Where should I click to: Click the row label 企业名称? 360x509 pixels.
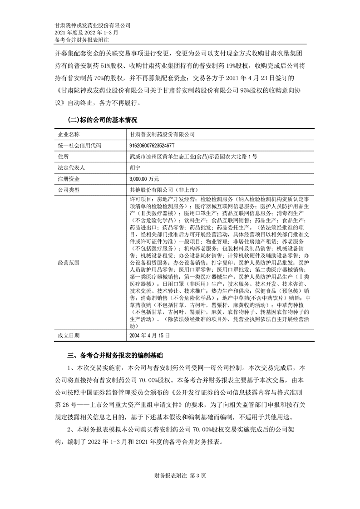pyautogui.click(x=68, y=135)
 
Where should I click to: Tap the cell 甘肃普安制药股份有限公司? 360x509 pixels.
pyautogui.click(x=162, y=135)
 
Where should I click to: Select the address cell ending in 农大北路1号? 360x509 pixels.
pyautogui.click(x=193, y=157)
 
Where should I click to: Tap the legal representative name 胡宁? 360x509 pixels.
pyautogui.click(x=135, y=167)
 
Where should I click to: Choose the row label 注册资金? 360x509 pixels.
pyautogui.click(x=68, y=178)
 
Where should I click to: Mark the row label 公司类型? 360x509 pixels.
pyautogui.click(x=68, y=189)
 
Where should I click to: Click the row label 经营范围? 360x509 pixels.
pyautogui.click(x=68, y=263)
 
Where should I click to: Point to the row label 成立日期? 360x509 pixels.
pyautogui.click(x=68, y=336)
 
